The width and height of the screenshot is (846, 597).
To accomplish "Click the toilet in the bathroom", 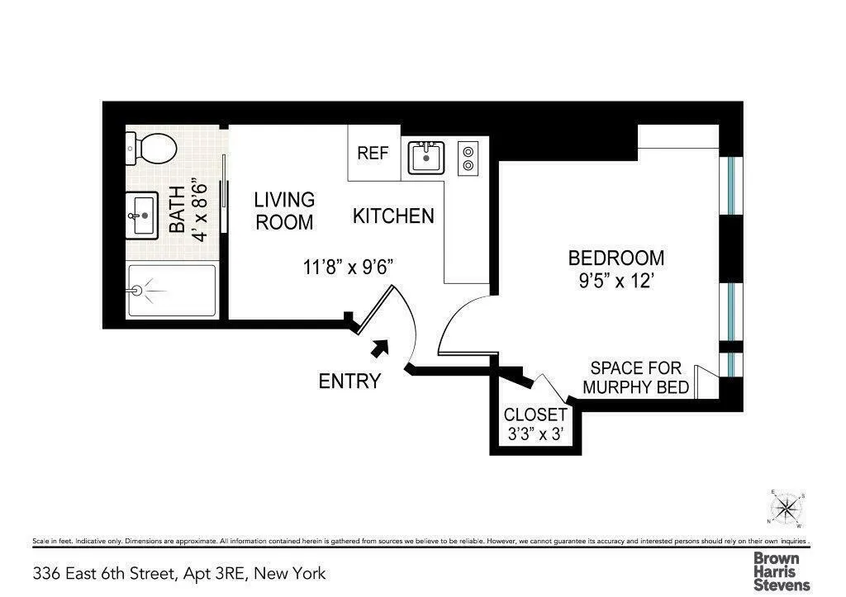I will [152, 149].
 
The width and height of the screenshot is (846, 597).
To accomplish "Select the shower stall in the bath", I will [171, 291].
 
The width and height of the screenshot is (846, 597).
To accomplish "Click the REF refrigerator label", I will [373, 154].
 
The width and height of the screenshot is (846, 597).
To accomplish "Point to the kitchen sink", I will [426, 157].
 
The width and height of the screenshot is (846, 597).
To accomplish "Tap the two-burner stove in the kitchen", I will [468, 158].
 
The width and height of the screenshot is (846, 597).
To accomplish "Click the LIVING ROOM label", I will [284, 211].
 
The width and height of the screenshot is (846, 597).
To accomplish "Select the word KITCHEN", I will [393, 216].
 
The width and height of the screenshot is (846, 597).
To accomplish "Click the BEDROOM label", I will [615, 258].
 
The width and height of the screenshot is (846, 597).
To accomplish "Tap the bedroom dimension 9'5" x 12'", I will [615, 280].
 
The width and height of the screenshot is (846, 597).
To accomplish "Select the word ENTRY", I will [349, 381].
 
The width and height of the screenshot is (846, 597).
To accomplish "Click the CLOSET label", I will [535, 415].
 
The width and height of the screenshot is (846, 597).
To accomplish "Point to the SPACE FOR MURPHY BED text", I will [635, 377].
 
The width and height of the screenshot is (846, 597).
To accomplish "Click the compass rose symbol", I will [787, 509].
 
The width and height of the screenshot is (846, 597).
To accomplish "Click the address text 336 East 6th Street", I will [179, 573].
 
